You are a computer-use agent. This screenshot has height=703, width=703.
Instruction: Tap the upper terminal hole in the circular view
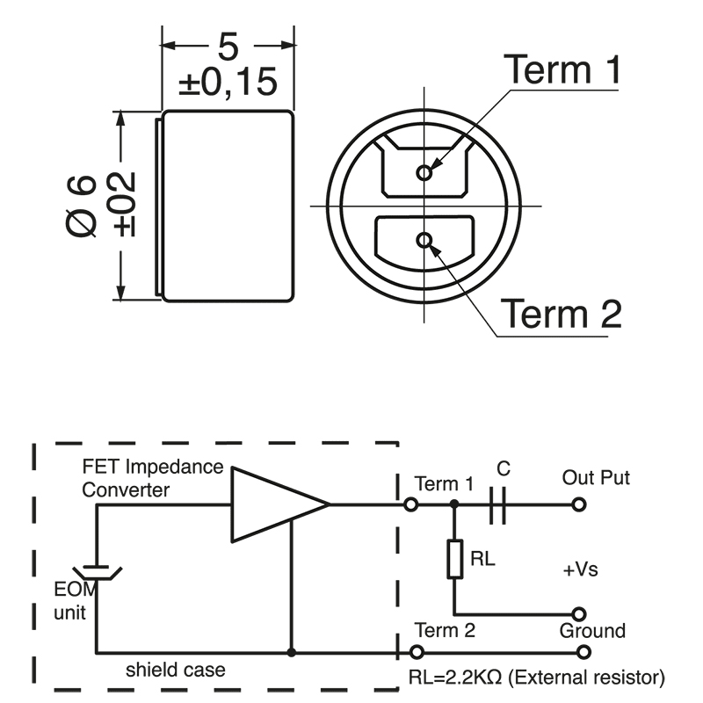point(424,172)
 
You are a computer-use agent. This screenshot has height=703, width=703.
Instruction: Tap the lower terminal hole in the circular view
point(425,240)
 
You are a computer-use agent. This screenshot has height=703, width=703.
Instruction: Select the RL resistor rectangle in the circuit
point(454,559)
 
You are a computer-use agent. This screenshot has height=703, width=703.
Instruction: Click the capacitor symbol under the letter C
point(498,505)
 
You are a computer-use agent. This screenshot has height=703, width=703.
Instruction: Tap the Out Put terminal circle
point(578,505)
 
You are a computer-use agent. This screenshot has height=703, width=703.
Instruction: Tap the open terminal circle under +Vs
point(578,613)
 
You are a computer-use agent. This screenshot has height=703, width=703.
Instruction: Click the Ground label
point(592,631)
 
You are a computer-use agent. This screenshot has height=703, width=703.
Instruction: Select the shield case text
point(175,670)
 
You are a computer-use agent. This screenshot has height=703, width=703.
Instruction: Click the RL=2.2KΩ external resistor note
point(536,678)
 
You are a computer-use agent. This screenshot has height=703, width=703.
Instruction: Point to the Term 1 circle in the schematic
point(410,505)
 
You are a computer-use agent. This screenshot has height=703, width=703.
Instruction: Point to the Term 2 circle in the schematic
point(417,653)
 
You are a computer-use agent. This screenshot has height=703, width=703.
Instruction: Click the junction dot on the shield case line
point(290,653)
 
